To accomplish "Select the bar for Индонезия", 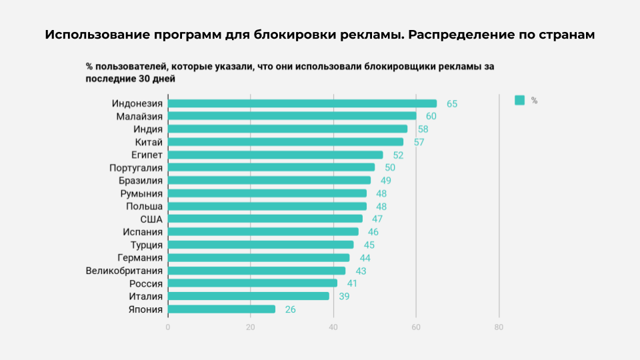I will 302,103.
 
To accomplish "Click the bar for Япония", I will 221,309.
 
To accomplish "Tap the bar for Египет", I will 275,155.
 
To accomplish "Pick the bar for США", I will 265,219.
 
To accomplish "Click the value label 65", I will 452,104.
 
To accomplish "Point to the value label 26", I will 290,309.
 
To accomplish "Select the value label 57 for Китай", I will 419,142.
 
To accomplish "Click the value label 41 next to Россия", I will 352,283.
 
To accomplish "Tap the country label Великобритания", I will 124,271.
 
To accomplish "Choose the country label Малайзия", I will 139,117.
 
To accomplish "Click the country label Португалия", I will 136,168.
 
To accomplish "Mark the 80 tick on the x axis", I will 499,327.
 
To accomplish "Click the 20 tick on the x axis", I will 251,327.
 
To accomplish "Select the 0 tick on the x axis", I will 168,327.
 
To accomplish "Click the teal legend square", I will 520,100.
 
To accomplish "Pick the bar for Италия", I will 249,296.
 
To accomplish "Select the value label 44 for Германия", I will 365,258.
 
